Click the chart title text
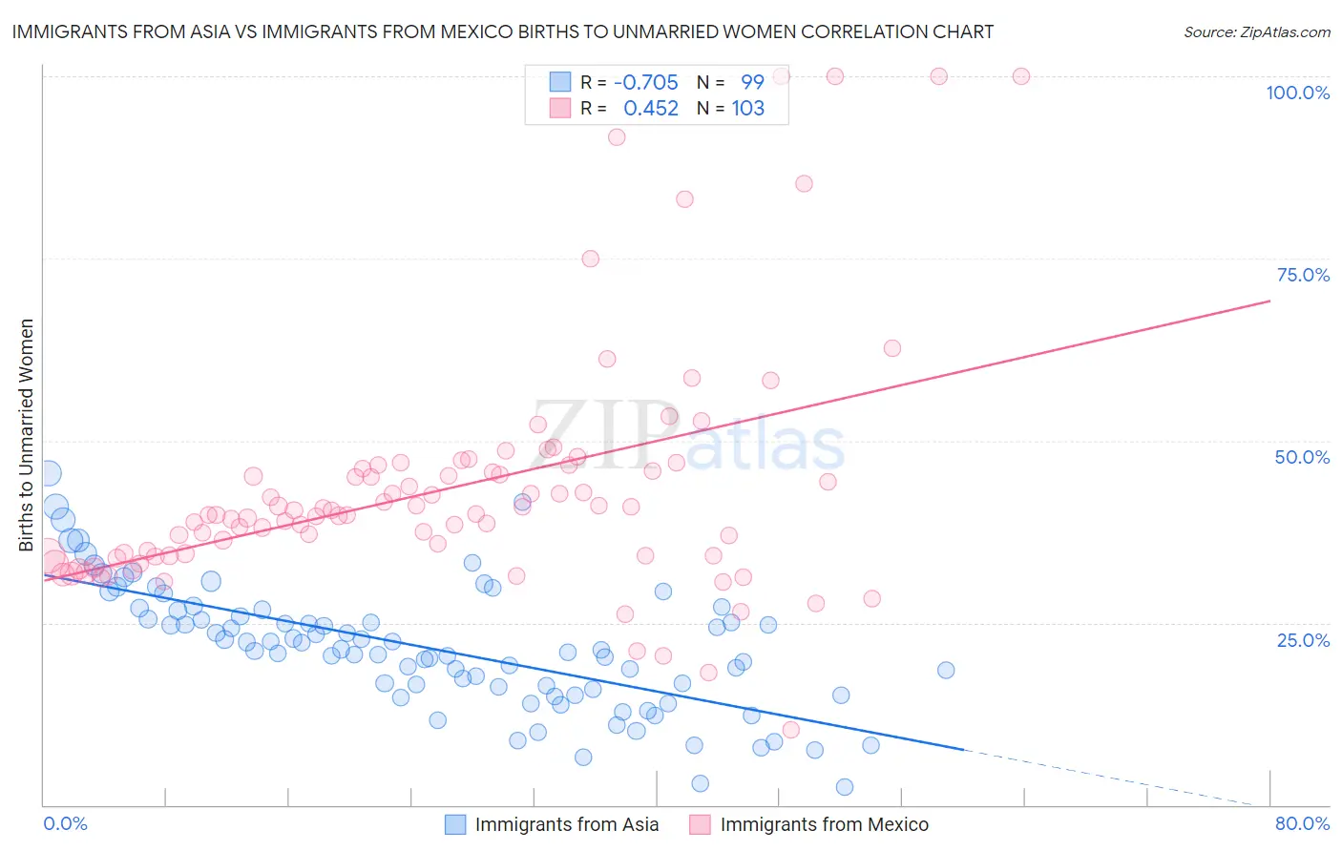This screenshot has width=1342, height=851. point(502,32)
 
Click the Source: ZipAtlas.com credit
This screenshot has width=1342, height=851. point(1256,32)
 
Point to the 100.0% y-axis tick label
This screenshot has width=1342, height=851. point(1297,93)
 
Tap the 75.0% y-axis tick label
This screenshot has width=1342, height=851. point(1303,275)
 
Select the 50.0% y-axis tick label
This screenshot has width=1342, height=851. point(1302,457)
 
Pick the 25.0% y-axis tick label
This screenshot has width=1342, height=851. point(1303,639)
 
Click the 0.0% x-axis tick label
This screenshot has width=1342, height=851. point(65,823)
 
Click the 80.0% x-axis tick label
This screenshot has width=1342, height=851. point(1302,823)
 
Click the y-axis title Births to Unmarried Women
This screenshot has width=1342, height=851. point(27,435)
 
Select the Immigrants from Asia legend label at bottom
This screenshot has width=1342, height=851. point(566,824)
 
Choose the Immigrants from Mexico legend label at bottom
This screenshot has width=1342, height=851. point(824,824)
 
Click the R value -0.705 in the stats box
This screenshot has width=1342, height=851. point(646,82)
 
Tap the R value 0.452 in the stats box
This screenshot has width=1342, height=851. point(651,108)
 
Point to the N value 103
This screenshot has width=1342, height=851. point(748,108)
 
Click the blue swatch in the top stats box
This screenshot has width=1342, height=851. point(559,82)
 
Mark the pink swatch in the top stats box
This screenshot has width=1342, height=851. point(559,108)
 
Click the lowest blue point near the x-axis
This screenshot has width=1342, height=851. point(844,787)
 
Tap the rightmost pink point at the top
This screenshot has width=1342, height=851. point(1020,76)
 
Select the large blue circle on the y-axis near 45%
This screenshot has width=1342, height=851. point(47,472)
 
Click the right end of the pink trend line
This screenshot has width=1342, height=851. point(1269,301)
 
